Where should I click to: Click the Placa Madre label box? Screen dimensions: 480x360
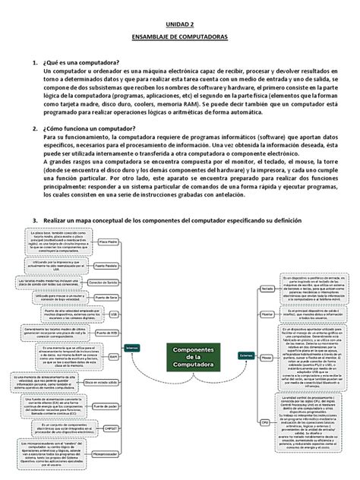[109, 243]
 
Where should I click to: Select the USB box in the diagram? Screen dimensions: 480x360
[113, 312]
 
